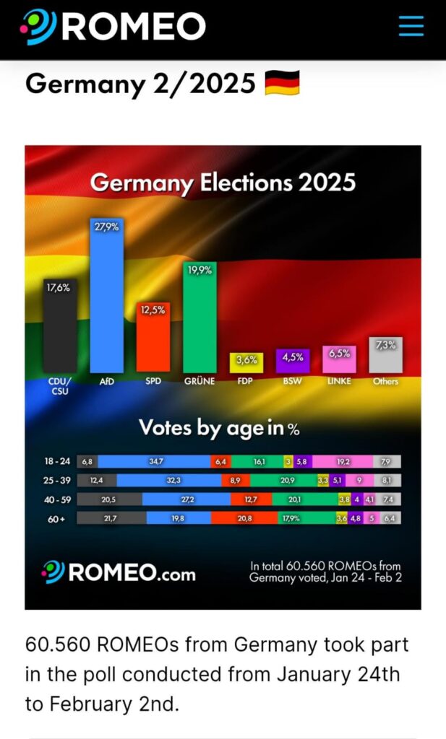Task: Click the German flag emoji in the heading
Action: [x=282, y=84]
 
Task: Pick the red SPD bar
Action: [x=153, y=337]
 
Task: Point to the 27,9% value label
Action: [x=106, y=226]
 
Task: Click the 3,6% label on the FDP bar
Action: [x=246, y=359]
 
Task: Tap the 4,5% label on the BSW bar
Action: [x=293, y=357]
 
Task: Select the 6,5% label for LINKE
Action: [x=339, y=354]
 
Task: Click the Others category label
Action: [x=385, y=381]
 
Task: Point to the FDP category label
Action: [x=246, y=381]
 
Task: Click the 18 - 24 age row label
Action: [x=58, y=461]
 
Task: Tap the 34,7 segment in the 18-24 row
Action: [x=155, y=461]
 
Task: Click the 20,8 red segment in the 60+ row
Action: [x=244, y=517]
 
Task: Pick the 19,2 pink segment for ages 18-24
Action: [x=342, y=461]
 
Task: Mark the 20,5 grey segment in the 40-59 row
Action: [x=109, y=499]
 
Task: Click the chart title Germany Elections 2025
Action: [x=223, y=183]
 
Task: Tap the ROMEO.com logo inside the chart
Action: [x=119, y=572]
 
